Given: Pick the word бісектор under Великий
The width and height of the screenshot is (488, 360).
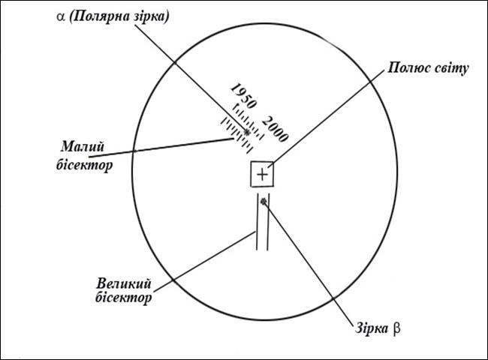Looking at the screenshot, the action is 125,298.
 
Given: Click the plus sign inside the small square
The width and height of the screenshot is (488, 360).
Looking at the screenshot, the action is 262,175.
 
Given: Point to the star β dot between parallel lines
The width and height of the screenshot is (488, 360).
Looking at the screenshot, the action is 263,201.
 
